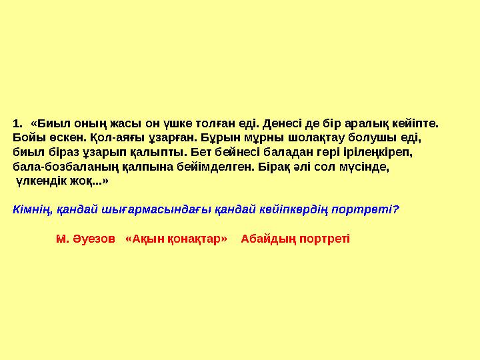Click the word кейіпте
417,123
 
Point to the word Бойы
27,138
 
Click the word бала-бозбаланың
67,167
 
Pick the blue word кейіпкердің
298,209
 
